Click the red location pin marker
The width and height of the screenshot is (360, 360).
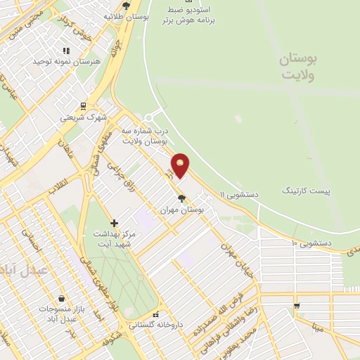(x=181, y=166)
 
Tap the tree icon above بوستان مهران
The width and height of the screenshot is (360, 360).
(x=181, y=198)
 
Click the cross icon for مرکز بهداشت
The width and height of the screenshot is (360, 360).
(x=114, y=223)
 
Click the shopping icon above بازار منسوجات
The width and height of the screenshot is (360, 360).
(x=62, y=299)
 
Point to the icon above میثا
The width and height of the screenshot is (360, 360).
(x=297, y=306)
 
